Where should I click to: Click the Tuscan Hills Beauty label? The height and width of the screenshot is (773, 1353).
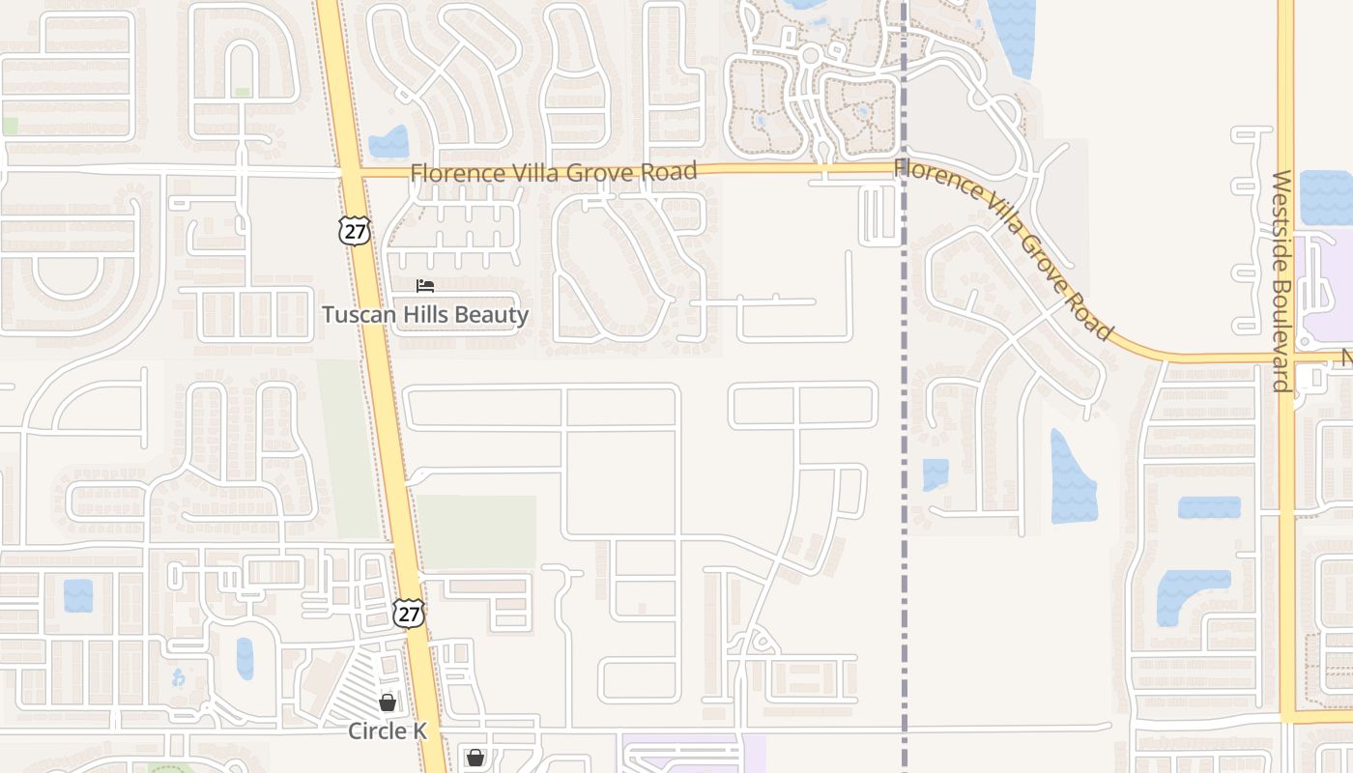(x=425, y=315)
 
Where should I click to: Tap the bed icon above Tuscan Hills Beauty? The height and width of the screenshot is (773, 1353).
(x=425, y=286)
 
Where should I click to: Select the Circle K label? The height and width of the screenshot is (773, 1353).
(x=388, y=731)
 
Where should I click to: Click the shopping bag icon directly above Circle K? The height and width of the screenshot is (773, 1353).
(x=388, y=702)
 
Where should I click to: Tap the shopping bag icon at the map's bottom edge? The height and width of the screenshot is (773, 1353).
(x=475, y=759)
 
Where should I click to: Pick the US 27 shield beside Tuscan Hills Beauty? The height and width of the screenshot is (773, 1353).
(x=355, y=230)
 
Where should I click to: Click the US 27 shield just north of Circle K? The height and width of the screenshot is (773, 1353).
(x=409, y=613)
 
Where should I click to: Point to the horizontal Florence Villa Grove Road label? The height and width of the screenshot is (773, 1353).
(x=553, y=173)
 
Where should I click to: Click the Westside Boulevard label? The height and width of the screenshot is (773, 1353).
(x=1282, y=281)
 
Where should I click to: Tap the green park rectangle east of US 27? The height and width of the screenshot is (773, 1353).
(x=477, y=531)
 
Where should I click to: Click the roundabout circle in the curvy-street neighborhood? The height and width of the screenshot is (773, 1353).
(x=811, y=55)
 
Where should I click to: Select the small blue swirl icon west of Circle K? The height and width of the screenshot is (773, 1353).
(x=178, y=677)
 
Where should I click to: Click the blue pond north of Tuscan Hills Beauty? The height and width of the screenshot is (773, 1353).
(x=389, y=143)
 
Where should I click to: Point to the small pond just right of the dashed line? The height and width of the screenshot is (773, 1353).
(x=936, y=474)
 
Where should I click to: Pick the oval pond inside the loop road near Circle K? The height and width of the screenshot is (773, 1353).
(x=245, y=658)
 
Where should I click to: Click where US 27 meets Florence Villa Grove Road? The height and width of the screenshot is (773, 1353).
(x=349, y=173)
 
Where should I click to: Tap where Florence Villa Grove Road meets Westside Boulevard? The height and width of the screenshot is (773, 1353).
(x=1286, y=358)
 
